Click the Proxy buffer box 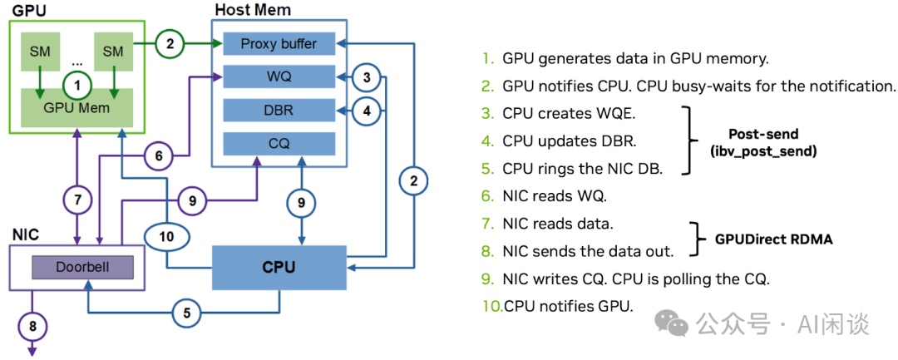click(x=279, y=43)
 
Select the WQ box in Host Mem click(x=279, y=77)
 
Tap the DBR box click(x=279, y=111)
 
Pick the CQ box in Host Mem click(x=279, y=144)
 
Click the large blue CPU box click(x=279, y=268)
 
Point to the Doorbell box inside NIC click(x=81, y=268)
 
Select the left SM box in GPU click(x=39, y=52)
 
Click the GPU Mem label click(x=76, y=107)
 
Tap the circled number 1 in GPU click(x=76, y=84)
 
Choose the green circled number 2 click(x=170, y=44)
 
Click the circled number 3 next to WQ click(x=366, y=77)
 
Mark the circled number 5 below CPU click(x=187, y=313)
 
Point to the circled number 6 click(x=158, y=155)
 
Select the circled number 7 click(x=76, y=200)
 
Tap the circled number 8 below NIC click(x=33, y=326)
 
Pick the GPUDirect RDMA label click(x=773, y=239)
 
